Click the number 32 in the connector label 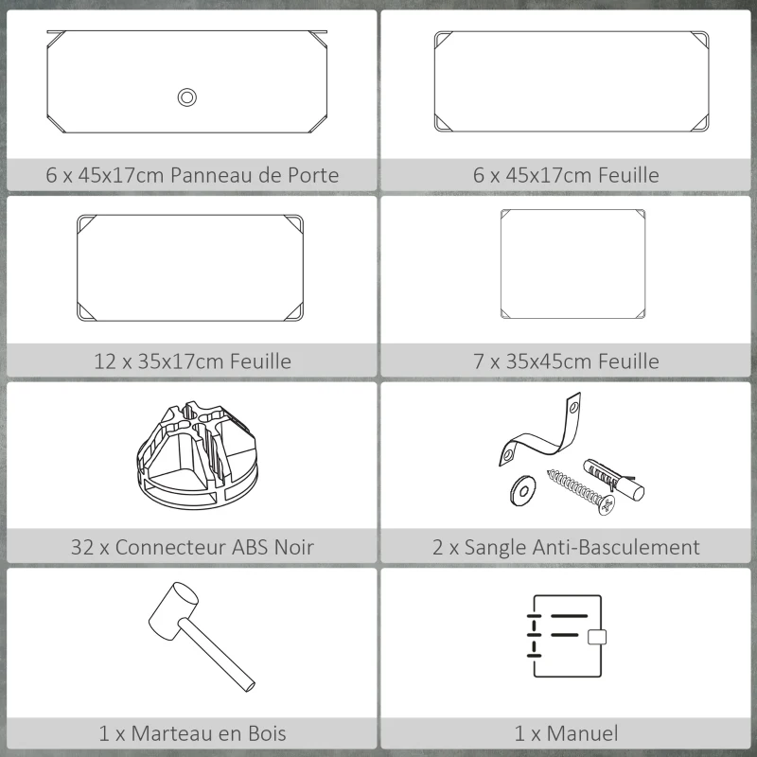81,547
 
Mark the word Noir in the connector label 292,547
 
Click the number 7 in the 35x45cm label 481,361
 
